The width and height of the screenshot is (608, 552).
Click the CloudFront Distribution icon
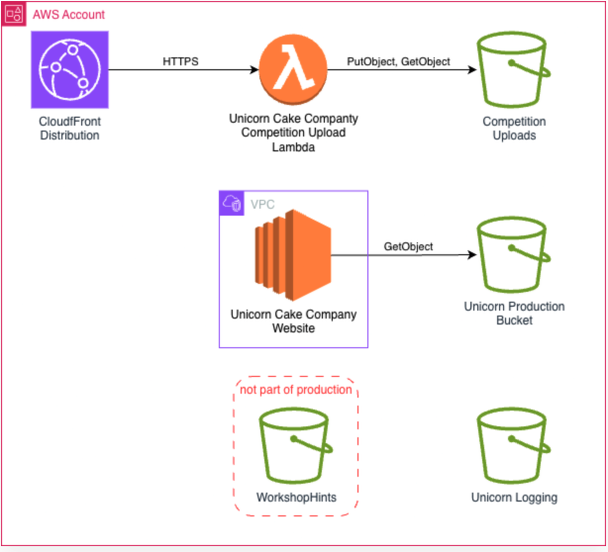pyautogui.click(x=68, y=69)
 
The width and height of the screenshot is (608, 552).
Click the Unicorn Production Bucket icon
pyautogui.click(x=514, y=255)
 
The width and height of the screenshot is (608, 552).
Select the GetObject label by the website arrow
pyautogui.click(x=408, y=246)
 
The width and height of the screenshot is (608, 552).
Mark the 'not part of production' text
pyautogui.click(x=296, y=389)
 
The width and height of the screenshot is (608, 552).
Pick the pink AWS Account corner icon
pyautogui.click(x=14, y=14)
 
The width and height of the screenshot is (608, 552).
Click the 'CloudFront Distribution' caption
pyautogui.click(x=68, y=129)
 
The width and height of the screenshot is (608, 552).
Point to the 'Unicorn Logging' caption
pyautogui.click(x=515, y=498)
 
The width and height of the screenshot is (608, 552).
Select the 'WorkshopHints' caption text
pyautogui.click(x=295, y=498)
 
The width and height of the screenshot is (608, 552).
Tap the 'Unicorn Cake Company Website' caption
pyautogui.click(x=293, y=322)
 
